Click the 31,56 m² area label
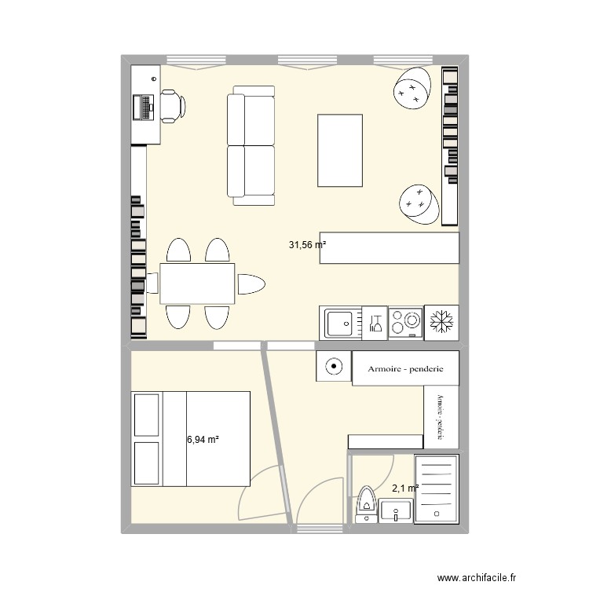pos(307,245)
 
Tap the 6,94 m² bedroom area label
pos(203,439)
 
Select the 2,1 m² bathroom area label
pos(405,488)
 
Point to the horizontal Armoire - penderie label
pos(405,369)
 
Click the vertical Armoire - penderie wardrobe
pos(441,417)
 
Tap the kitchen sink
pos(340,323)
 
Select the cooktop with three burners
pos(406,323)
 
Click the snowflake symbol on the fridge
pos(441,322)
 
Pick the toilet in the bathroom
pos(366,504)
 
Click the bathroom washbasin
pos(396,511)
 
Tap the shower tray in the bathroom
pos(437,488)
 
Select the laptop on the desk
pos(144,108)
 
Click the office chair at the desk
pos(173,106)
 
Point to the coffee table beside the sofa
pos(340,150)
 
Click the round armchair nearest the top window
pos(412,88)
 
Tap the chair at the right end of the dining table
pos(251,284)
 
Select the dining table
pos(197,284)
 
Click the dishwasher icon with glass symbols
pos(375,323)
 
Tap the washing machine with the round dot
pos(334,366)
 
